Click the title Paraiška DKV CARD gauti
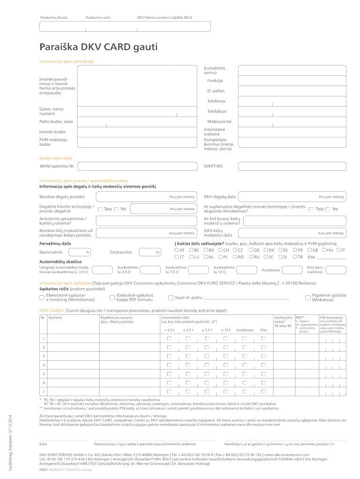99,47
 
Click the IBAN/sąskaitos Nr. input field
136,166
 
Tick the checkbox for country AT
177,250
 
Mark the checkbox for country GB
310,250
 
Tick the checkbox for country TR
295,257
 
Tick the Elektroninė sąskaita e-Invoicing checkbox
42,297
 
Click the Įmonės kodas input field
136,132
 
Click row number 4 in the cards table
44,365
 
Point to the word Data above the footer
43,443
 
